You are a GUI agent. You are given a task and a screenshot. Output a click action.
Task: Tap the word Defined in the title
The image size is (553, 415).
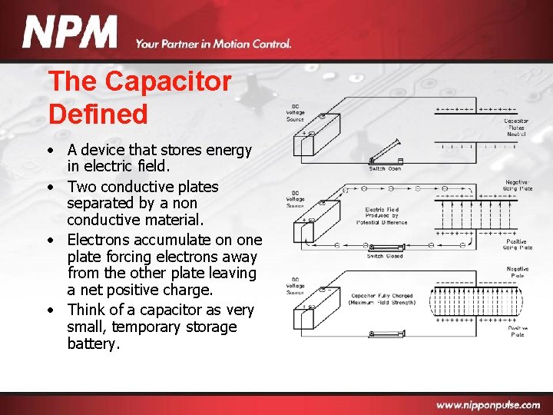(x=98, y=115)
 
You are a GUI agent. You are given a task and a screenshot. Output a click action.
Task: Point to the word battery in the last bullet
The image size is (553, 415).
(x=93, y=344)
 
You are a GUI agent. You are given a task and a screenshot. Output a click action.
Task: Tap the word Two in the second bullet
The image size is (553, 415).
(x=79, y=187)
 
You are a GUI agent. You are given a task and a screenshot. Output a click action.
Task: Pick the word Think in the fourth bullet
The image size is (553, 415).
(x=86, y=310)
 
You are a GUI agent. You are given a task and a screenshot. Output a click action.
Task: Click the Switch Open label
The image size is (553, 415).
(x=385, y=168)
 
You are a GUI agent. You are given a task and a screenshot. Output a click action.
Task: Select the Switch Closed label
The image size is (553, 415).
(x=385, y=256)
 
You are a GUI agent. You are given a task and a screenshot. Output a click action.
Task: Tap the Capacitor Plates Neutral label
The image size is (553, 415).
(x=515, y=128)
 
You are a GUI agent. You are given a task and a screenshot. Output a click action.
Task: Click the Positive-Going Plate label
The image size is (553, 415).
(x=515, y=244)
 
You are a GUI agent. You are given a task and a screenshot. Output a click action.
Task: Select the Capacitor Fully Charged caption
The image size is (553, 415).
(x=382, y=298)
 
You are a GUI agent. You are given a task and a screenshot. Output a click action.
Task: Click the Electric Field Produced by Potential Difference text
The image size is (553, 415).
(x=382, y=215)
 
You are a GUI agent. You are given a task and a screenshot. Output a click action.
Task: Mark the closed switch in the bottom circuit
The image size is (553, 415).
(x=384, y=334)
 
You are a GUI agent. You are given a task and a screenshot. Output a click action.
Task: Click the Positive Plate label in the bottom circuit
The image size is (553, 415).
(x=517, y=331)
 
